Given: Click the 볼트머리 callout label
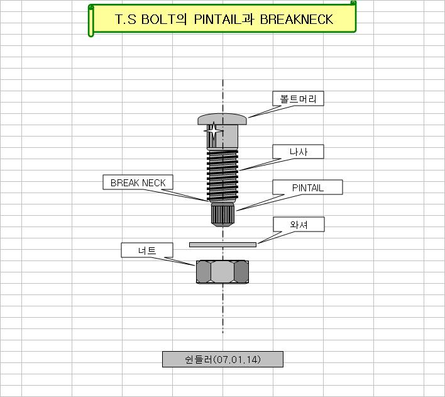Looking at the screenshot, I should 298,99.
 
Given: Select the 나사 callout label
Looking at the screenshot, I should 298,152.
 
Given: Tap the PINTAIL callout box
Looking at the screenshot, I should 307,187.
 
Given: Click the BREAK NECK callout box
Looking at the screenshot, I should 138,183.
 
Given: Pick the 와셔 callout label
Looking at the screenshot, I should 299,225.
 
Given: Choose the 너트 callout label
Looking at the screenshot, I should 146,250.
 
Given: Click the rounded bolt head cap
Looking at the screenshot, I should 222,119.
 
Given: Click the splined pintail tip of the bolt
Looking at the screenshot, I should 222,215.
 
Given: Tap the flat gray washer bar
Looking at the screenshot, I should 222,244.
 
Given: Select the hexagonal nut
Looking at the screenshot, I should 222,272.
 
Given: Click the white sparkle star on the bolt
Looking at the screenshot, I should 213,132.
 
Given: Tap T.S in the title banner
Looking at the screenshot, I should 125,20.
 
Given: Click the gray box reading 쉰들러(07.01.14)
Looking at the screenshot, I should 222,359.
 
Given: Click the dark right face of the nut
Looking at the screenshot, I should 241,272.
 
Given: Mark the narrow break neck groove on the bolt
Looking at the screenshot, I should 222,201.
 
